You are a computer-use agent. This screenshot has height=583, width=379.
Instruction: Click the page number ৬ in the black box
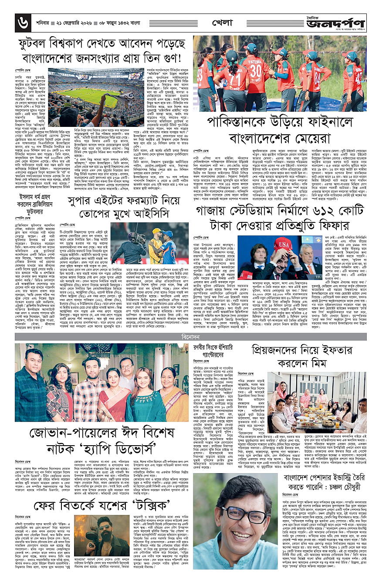(x=20, y=20)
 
